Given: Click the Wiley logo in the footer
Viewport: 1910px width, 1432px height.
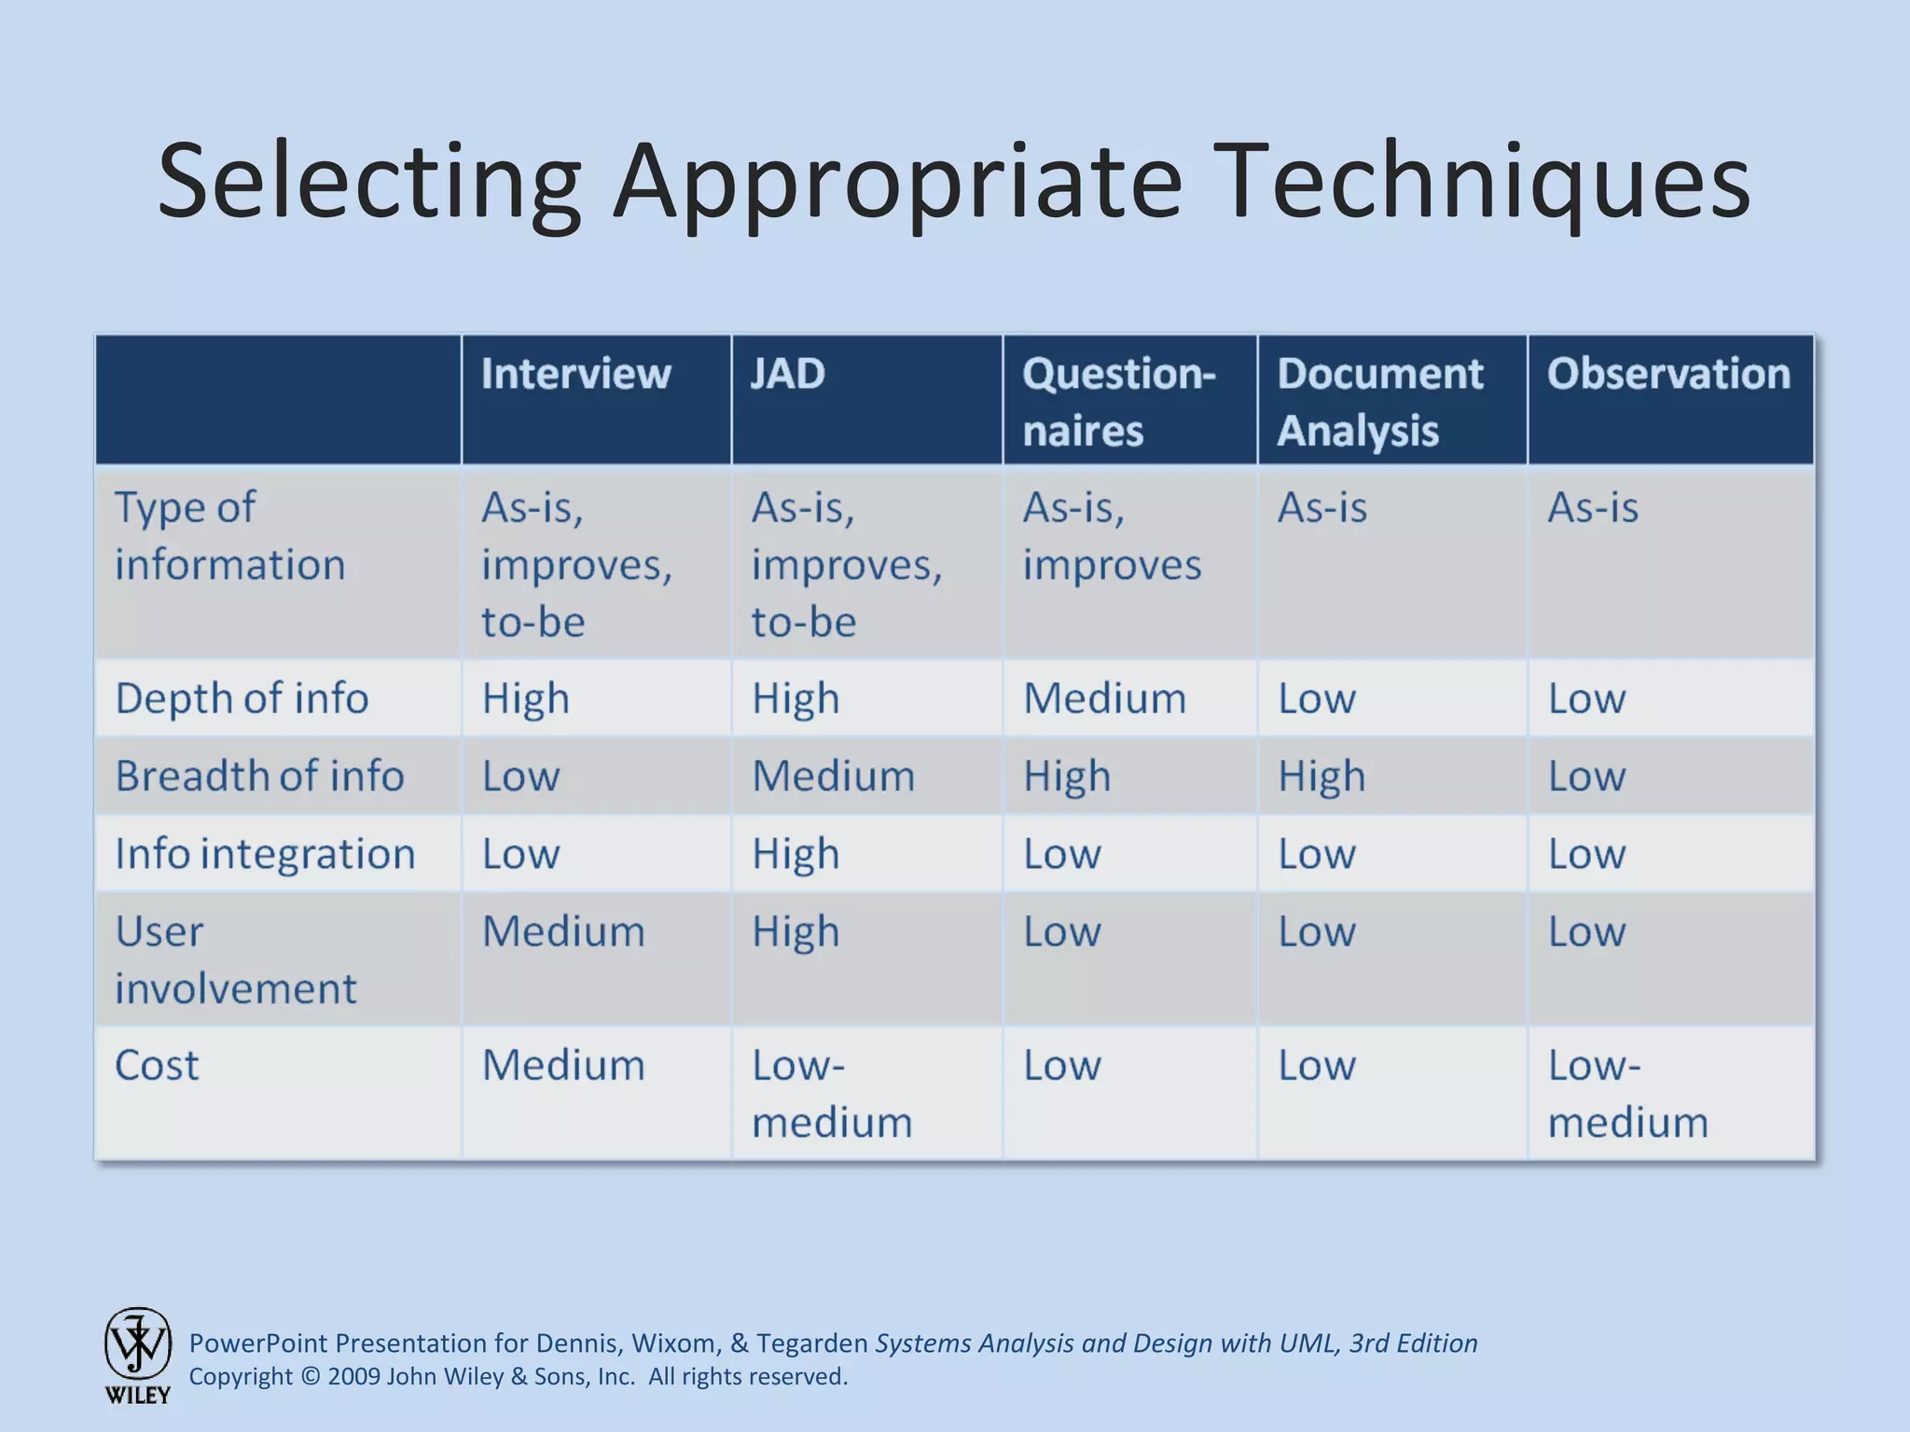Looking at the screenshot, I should [138, 1354].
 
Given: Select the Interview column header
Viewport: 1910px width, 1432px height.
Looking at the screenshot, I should [575, 374].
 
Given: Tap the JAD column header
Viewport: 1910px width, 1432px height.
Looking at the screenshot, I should [788, 374].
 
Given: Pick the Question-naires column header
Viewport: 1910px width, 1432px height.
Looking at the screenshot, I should [1118, 402].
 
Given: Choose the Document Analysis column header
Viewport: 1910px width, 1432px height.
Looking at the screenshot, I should [1379, 402].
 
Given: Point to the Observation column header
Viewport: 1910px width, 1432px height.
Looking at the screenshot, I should [1668, 374].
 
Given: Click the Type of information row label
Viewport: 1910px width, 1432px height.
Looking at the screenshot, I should [229, 536].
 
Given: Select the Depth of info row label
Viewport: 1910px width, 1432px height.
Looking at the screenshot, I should [242, 698].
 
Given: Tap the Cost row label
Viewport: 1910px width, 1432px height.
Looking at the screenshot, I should [157, 1065].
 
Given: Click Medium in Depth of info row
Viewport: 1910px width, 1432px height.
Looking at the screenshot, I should [1104, 698].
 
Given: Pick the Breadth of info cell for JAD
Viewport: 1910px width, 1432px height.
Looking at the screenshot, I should [833, 776].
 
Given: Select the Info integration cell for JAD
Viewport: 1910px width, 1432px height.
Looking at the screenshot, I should [796, 854].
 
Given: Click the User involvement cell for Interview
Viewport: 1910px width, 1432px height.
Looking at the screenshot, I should [562, 931].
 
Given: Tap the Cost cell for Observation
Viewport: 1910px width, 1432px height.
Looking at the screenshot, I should [1627, 1093].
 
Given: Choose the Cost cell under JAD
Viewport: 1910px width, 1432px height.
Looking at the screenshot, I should [831, 1093].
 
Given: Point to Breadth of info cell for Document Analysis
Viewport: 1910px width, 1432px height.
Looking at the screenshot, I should [1321, 776].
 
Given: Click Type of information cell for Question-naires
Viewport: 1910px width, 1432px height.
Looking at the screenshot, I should [1111, 536].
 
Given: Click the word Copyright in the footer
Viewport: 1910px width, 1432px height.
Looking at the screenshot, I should [241, 1377].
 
